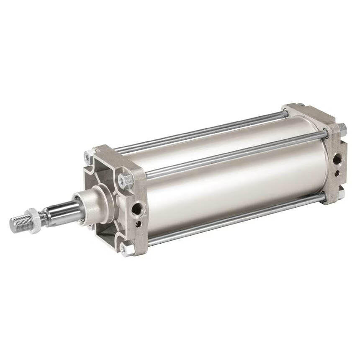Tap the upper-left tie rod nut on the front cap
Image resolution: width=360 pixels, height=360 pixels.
click(89, 158)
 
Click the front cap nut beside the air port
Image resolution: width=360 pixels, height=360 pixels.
click(125, 180)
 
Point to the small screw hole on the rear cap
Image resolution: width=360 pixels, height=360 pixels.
click(338, 172)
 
